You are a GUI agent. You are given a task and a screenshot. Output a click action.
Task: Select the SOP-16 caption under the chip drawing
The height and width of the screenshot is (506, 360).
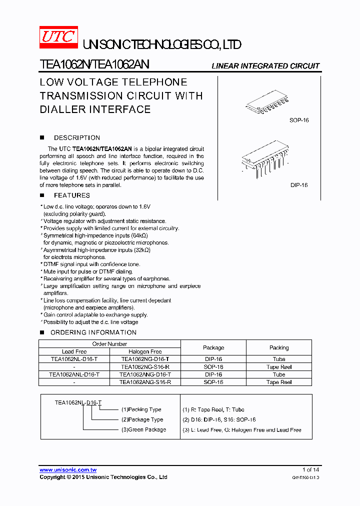[299, 120]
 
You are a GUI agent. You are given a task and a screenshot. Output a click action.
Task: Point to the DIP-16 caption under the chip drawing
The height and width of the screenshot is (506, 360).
[299, 185]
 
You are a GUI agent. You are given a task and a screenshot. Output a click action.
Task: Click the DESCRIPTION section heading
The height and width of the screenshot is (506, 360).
[77, 137]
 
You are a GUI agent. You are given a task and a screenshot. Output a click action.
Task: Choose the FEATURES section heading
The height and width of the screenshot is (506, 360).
[72, 195]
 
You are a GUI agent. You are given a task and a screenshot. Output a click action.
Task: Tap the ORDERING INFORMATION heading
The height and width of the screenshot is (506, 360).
[93, 332]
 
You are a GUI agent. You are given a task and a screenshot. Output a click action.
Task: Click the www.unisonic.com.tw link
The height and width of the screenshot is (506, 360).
[68, 469]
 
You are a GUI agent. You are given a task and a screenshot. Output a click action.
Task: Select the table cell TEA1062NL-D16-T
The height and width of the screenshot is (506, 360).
[74, 359]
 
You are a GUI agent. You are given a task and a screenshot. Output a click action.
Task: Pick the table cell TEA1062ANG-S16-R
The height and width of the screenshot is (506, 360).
[145, 382]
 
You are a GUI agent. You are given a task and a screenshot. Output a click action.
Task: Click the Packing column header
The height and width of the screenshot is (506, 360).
[279, 347]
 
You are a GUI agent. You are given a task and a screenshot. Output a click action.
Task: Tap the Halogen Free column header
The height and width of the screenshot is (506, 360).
[145, 351]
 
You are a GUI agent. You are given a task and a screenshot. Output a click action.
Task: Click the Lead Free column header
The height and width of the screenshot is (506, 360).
[74, 351]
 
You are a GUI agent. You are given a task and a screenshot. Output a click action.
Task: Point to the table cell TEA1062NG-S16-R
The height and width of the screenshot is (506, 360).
[145, 366]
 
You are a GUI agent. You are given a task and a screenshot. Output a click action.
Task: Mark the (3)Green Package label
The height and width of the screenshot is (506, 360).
[143, 429]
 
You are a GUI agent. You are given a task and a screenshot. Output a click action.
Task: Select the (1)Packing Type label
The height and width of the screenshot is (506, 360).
[141, 409]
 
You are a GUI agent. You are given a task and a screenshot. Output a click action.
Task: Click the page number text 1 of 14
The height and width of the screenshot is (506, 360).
[310, 469]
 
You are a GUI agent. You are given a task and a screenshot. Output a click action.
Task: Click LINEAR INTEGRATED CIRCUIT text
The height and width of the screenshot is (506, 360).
[265, 66]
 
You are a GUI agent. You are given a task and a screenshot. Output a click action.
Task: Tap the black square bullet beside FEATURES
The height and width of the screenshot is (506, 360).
[42, 195]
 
